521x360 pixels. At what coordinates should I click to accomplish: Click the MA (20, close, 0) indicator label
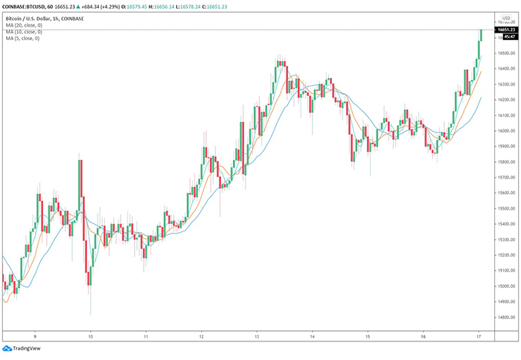(x=23, y=25)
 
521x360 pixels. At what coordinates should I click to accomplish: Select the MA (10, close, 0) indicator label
(x=23, y=31)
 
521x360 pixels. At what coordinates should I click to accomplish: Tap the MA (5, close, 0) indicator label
(x=22, y=38)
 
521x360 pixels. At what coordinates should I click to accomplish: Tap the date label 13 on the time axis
(x=257, y=335)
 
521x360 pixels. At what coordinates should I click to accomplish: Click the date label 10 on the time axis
(x=90, y=335)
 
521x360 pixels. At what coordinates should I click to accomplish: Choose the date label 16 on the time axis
(x=423, y=335)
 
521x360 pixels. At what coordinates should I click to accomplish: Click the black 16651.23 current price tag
(x=508, y=29)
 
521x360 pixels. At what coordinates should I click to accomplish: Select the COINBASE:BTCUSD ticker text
(x=28, y=6)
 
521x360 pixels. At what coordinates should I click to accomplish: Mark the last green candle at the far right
(x=482, y=36)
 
